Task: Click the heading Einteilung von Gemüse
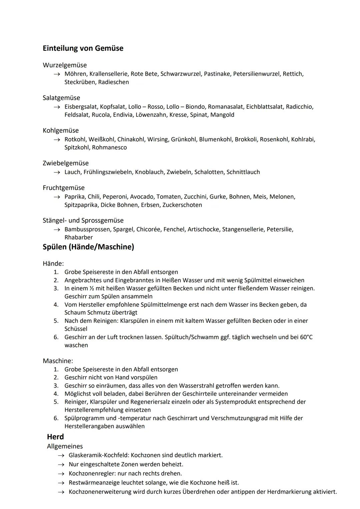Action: [x=83, y=48]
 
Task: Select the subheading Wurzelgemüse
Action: [x=65, y=65]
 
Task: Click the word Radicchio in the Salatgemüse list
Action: [x=299, y=107]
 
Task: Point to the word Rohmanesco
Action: [x=109, y=147]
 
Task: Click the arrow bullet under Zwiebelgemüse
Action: [x=58, y=172]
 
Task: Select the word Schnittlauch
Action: [x=243, y=172]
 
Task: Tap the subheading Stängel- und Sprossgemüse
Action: [x=83, y=220]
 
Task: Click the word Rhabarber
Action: [x=79, y=237]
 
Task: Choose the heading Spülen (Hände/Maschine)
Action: [x=88, y=247]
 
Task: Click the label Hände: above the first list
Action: [x=53, y=264]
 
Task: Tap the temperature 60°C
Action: [x=306, y=337]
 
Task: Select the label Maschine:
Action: [x=58, y=361]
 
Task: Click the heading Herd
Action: [x=55, y=437]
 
